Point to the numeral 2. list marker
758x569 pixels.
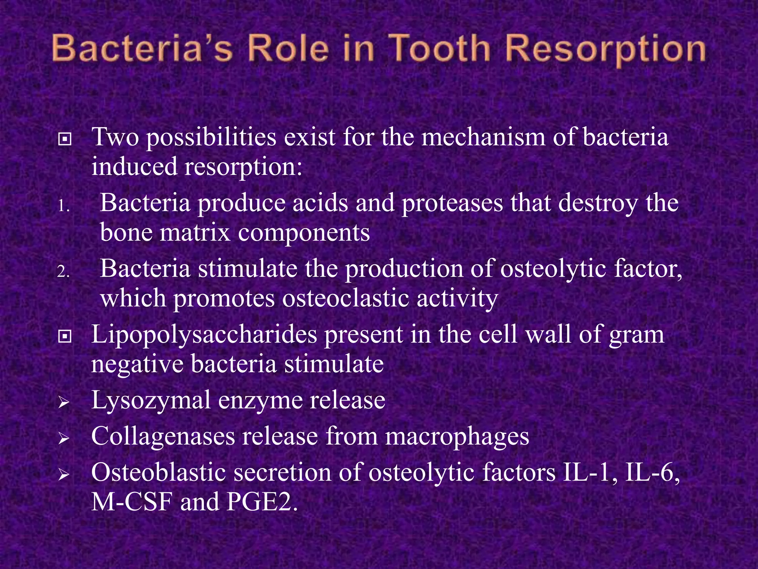(x=64, y=272)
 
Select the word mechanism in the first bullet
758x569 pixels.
(x=483, y=137)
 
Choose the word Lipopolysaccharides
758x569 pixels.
(x=204, y=335)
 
